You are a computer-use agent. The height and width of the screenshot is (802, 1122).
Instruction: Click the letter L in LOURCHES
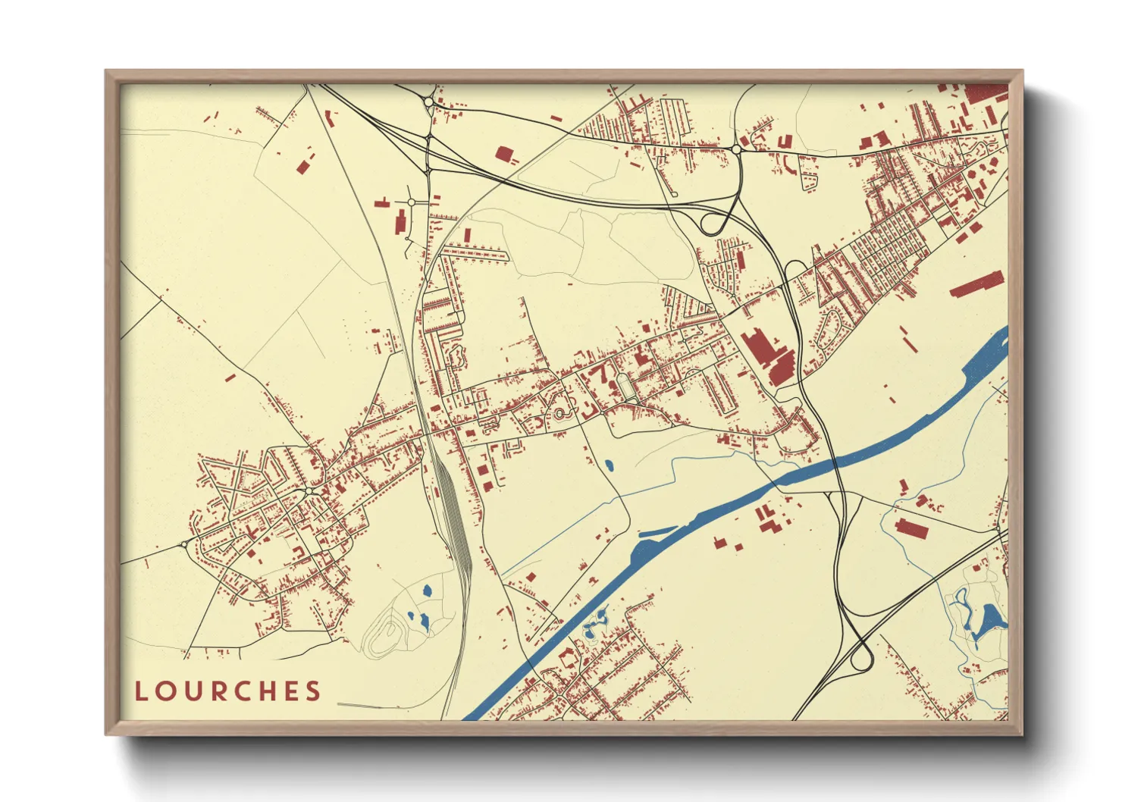(141, 691)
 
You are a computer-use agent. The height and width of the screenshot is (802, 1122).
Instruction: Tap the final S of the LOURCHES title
(313, 691)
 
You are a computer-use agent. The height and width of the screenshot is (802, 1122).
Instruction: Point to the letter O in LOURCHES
(164, 691)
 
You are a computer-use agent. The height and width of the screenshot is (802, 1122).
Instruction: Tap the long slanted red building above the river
(976, 285)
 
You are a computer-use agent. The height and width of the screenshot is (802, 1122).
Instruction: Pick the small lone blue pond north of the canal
(609, 465)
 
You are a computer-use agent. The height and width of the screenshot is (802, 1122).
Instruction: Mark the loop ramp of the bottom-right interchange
(860, 658)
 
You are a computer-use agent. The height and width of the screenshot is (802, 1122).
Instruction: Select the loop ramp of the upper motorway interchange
(713, 223)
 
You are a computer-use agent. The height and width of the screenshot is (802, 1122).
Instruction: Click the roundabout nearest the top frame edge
(428, 101)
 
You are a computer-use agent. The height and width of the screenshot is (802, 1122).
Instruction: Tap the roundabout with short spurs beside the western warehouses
(411, 202)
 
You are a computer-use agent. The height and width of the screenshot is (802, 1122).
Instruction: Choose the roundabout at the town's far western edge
(183, 544)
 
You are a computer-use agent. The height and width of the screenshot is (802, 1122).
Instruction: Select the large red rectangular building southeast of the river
(910, 528)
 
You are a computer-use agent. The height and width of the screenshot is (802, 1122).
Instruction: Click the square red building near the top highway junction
(503, 154)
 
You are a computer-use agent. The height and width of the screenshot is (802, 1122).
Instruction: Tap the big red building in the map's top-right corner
(986, 94)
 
